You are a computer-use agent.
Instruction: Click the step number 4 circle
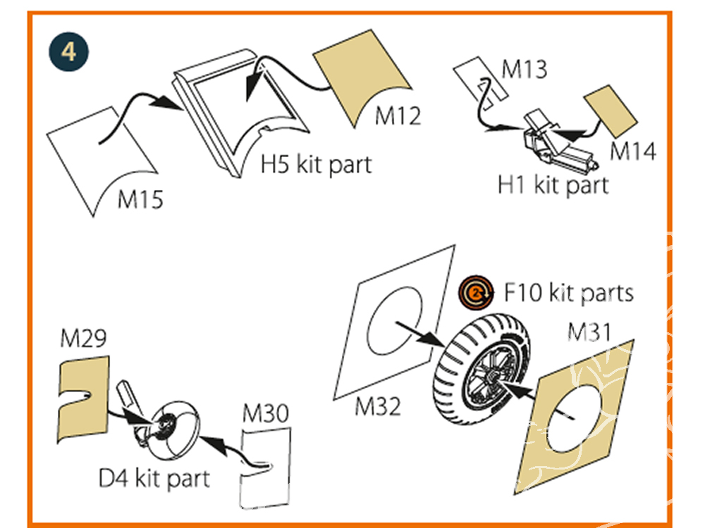pyautogui.click(x=69, y=52)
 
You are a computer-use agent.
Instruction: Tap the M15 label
pyautogui.click(x=140, y=199)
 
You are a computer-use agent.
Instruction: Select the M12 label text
pyautogui.click(x=398, y=115)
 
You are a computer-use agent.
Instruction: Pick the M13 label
pyautogui.click(x=524, y=70)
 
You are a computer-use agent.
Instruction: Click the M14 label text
pyautogui.click(x=632, y=151)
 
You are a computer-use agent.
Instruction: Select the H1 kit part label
pyautogui.click(x=553, y=185)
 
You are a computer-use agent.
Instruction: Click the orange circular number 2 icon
pyautogui.click(x=475, y=292)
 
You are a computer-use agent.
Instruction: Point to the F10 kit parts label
pyautogui.click(x=569, y=292)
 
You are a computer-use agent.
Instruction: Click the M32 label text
pyautogui.click(x=378, y=406)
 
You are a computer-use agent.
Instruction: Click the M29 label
pyautogui.click(x=83, y=339)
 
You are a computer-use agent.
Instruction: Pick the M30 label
pyautogui.click(x=265, y=415)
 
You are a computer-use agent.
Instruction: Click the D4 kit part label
pyautogui.click(x=154, y=479)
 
